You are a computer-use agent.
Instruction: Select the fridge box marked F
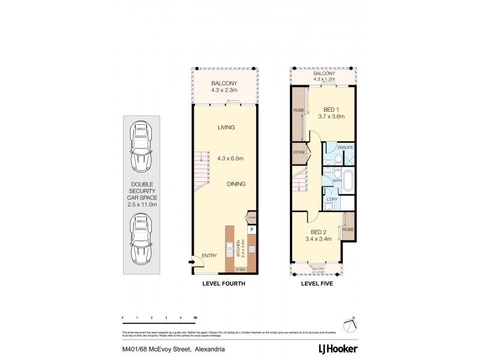tap(252, 229)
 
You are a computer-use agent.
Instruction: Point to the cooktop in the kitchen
tap(252, 250)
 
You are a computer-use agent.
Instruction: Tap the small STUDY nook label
tap(251, 218)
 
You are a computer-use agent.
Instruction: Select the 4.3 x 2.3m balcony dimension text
tap(225, 91)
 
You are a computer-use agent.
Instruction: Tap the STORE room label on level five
tap(299, 152)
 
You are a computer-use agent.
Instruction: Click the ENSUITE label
tap(345, 147)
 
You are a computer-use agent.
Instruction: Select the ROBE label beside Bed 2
tap(347, 229)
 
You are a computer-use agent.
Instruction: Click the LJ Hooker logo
tap(337, 349)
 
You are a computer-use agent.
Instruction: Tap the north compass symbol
tap(350, 325)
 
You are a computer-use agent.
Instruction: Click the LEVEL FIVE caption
tap(317, 283)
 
